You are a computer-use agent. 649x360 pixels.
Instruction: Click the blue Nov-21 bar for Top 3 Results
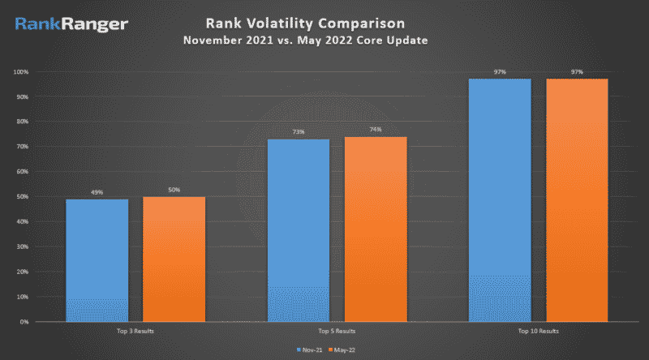pyautogui.click(x=97, y=259)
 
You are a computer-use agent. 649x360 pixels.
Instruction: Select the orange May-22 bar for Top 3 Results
pyautogui.click(x=174, y=259)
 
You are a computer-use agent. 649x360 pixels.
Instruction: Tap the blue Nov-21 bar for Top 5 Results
pyautogui.click(x=298, y=230)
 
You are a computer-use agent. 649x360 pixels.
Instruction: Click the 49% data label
pyautogui.click(x=97, y=192)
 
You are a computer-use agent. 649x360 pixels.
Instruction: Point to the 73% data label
pyautogui.click(x=298, y=132)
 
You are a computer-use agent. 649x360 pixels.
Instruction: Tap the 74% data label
pyautogui.click(x=376, y=130)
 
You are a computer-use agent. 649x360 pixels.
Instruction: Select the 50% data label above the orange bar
pyautogui.click(x=174, y=190)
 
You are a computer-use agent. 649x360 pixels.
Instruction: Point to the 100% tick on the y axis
pyautogui.click(x=21, y=72)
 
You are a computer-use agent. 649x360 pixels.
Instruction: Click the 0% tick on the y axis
pyautogui.click(x=24, y=322)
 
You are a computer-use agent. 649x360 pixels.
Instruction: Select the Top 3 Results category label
pyautogui.click(x=135, y=332)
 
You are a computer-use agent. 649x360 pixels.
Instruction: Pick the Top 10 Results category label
pyautogui.click(x=539, y=332)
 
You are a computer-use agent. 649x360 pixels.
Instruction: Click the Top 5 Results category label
pyautogui.click(x=337, y=332)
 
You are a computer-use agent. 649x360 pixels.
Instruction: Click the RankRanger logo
pyautogui.click(x=71, y=24)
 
